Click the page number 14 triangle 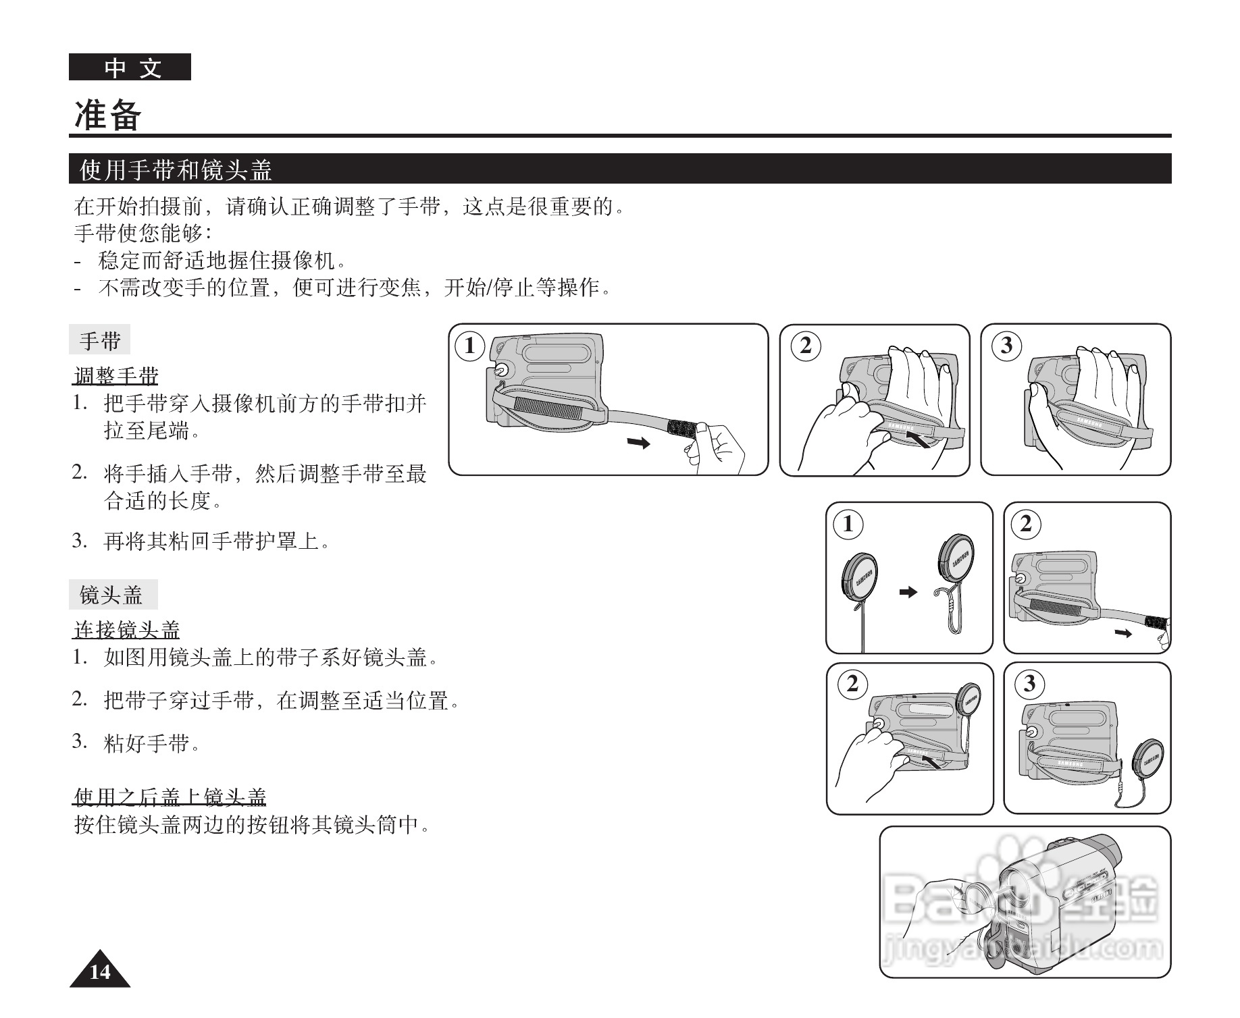[100, 971]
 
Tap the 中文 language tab [130, 68]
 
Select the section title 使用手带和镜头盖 [176, 169]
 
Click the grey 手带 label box [99, 340]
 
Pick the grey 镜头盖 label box [112, 595]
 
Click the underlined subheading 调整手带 [115, 375]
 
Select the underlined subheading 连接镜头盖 [126, 630]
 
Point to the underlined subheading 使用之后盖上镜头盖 [170, 797]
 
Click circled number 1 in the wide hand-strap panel [469, 346]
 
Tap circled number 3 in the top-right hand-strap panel [1006, 346]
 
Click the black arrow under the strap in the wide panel [638, 443]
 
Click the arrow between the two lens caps [908, 592]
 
